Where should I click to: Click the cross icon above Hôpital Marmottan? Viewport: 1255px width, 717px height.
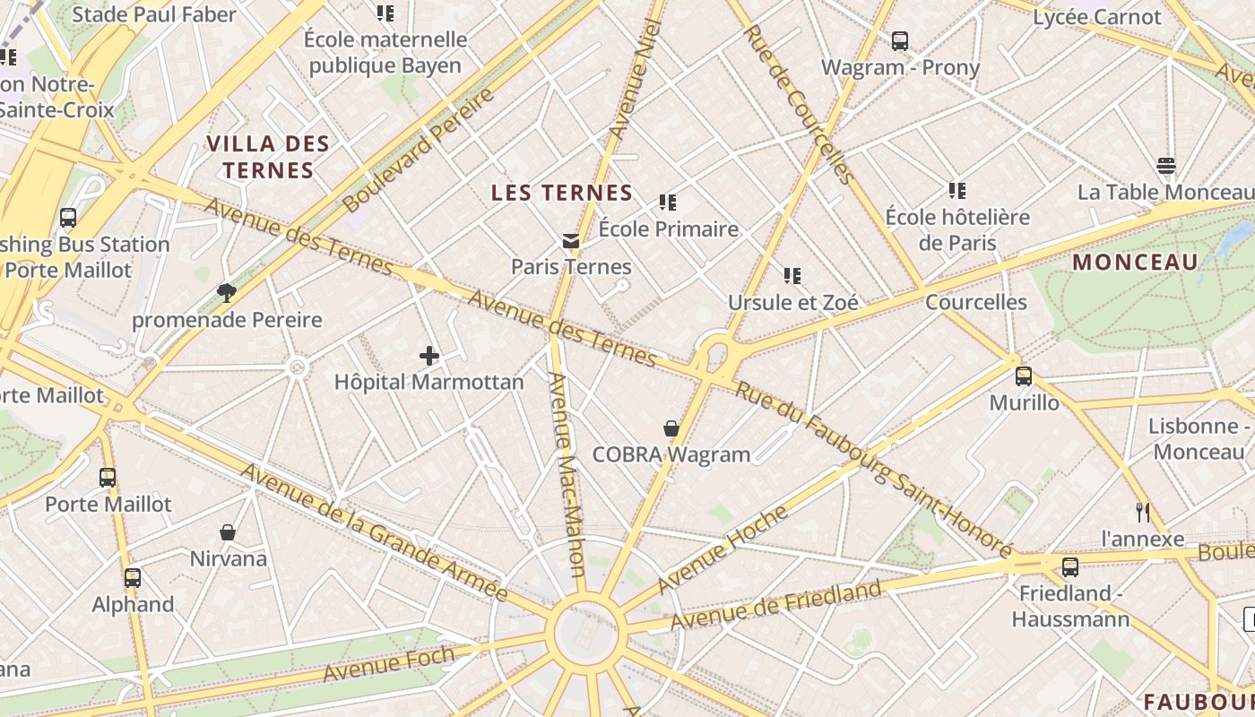[x=429, y=356]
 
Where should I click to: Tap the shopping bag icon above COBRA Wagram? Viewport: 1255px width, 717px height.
[x=671, y=428]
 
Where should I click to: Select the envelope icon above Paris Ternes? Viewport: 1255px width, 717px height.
[x=571, y=240]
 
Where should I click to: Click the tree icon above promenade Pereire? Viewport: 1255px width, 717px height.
[x=227, y=292]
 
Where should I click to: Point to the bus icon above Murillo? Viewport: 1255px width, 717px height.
[x=1024, y=376]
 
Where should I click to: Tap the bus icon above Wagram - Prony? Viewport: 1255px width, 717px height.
[x=900, y=40]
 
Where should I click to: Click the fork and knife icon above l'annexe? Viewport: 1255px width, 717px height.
[x=1143, y=513]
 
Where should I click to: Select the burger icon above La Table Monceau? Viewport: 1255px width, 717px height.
[x=1166, y=166]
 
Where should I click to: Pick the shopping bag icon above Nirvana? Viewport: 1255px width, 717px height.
[x=228, y=532]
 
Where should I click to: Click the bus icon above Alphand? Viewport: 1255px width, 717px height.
[x=133, y=578]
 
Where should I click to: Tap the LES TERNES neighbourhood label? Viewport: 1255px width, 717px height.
[x=562, y=193]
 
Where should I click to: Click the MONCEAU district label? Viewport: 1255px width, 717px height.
[x=1135, y=263]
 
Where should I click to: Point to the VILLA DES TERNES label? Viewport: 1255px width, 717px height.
[x=268, y=157]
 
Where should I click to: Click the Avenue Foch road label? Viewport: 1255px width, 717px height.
[x=390, y=663]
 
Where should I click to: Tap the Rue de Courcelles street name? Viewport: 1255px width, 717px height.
[x=796, y=103]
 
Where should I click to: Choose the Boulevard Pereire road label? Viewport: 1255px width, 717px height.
[x=419, y=150]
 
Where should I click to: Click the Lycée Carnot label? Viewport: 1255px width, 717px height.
[x=1096, y=17]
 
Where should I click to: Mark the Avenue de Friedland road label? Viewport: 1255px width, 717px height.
[x=776, y=605]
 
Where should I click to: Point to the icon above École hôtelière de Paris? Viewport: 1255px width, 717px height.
[x=957, y=190]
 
